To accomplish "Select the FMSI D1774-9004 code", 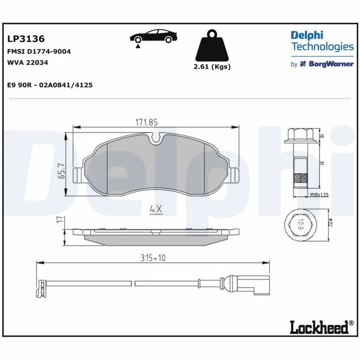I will click(38, 51).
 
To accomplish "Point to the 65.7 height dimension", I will click(62, 170).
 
